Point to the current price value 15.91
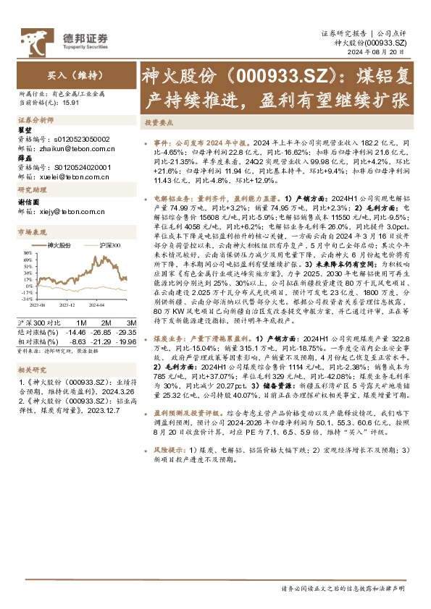click(70, 103)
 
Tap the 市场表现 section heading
click(31, 232)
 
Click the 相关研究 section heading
click(31, 369)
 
